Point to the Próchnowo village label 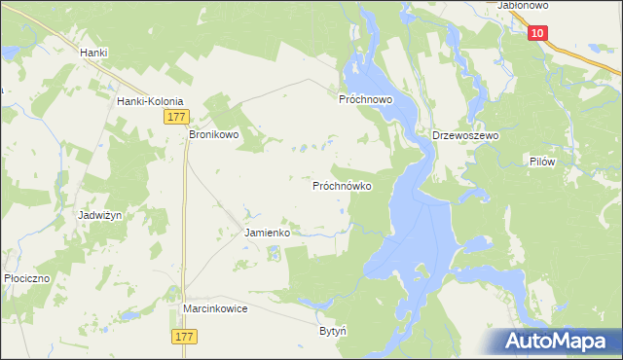click(365, 99)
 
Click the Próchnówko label click(342, 185)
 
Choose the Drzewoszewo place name click(465, 136)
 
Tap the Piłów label click(542, 162)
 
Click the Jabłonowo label click(524, 6)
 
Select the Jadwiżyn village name click(101, 215)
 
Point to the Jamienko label click(267, 234)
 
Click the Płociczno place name click(26, 277)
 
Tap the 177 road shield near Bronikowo click(175, 117)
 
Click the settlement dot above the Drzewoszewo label click(465, 125)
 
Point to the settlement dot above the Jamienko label click(267, 222)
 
